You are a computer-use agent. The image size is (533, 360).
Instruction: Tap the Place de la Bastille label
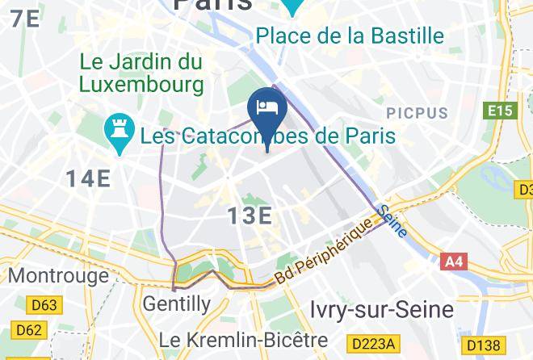pos(350,36)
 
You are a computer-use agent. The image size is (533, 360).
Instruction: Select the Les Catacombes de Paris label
pos(267,135)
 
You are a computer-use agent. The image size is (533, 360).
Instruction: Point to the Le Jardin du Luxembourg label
pos(141,73)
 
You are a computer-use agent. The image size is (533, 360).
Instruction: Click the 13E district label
pos(249,216)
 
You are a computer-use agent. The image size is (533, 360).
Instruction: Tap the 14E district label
pos(88,178)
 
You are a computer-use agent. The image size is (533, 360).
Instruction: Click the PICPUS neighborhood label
pos(417,111)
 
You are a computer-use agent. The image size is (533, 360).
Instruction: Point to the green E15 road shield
pos(501,111)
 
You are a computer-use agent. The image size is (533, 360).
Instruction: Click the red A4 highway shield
pos(454,262)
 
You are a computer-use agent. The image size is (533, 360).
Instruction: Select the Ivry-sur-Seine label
pos(382,309)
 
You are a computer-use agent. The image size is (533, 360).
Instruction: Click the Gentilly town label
pos(176,304)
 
